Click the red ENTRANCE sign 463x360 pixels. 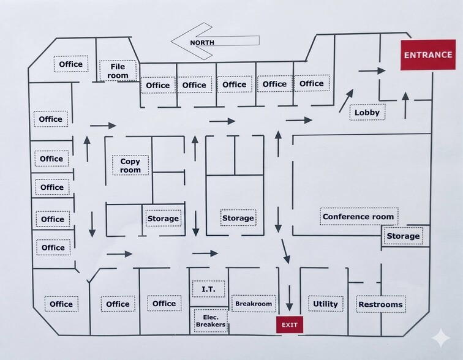[428, 55]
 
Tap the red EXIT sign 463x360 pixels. [289, 324]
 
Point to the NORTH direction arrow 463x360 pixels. [215, 41]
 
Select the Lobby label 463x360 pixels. [367, 112]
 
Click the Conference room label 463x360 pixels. [358, 217]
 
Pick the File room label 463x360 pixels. [118, 71]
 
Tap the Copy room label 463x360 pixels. [130, 165]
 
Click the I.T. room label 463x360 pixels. [208, 289]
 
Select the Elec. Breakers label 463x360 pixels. [211, 321]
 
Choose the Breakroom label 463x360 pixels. [254, 304]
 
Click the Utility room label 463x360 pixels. [325, 304]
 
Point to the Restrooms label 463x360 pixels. [380, 304]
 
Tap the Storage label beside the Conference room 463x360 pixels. [403, 236]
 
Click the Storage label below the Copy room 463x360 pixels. [163, 219]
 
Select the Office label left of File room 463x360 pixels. [71, 64]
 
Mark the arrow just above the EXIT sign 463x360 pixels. [289, 298]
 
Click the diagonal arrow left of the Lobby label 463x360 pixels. [346, 100]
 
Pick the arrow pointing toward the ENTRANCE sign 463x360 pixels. [372, 71]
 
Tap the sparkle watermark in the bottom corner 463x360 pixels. [441, 338]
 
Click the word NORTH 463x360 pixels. [202, 42]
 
